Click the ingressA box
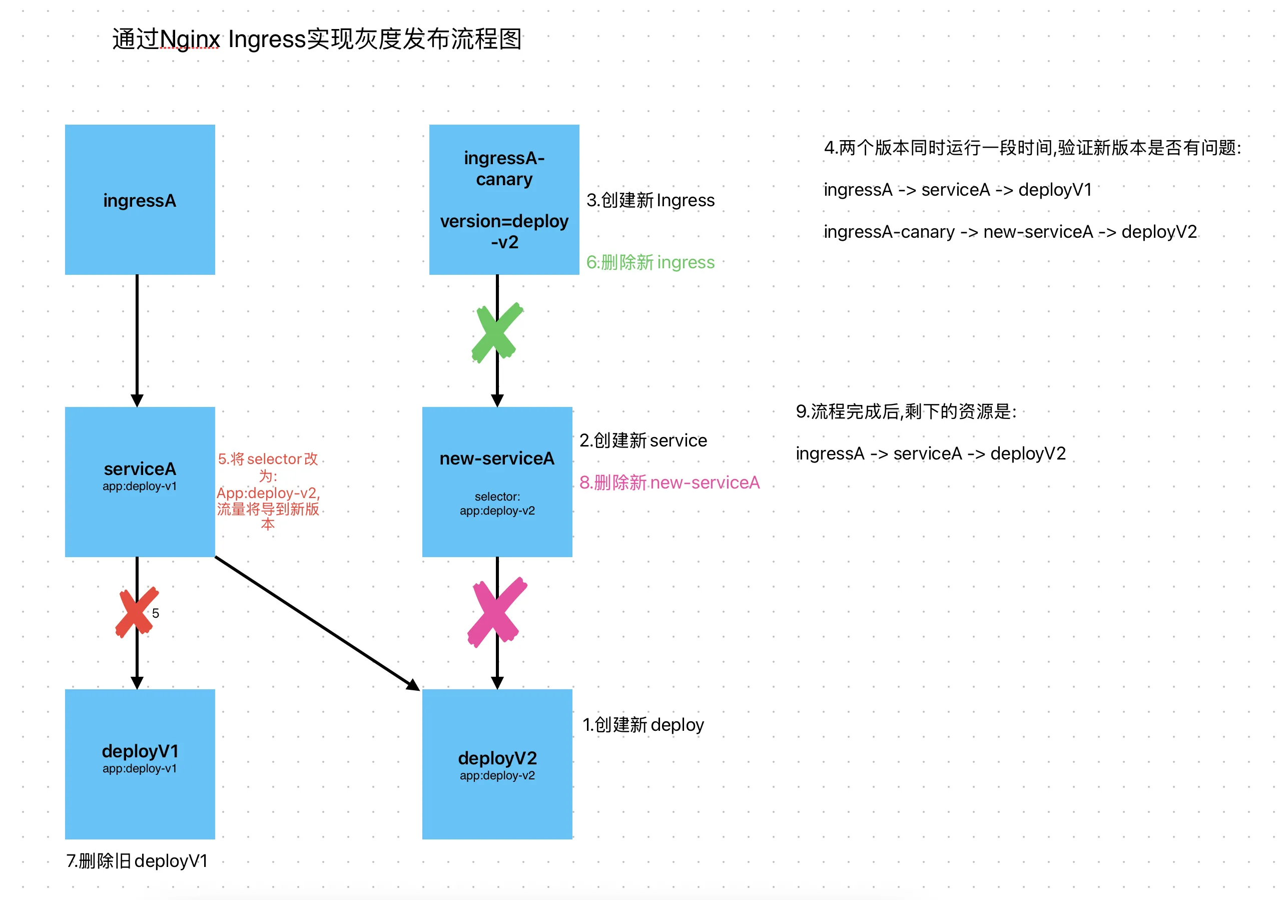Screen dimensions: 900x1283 (x=140, y=200)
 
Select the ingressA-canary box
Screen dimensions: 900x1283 (x=503, y=200)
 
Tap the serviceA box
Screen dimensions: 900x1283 (x=140, y=482)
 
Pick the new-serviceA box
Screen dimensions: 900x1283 (x=497, y=482)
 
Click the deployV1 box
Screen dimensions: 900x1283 (x=140, y=764)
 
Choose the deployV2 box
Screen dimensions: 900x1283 (x=497, y=764)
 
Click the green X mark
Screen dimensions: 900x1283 (x=496, y=332)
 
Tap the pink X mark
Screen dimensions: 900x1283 (x=497, y=612)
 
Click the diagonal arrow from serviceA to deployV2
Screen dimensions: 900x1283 (x=316, y=623)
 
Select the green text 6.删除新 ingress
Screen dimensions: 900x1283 (x=650, y=262)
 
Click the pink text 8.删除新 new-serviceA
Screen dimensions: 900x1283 (x=669, y=483)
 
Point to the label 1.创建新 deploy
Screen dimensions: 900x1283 (x=643, y=724)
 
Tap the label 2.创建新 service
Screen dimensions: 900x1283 (x=643, y=440)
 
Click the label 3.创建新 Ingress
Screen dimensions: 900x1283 (x=650, y=200)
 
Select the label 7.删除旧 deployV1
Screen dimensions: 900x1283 (x=137, y=861)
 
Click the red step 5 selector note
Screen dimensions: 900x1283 (x=268, y=491)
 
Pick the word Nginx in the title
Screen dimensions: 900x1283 (x=190, y=39)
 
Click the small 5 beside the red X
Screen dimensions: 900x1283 (x=156, y=613)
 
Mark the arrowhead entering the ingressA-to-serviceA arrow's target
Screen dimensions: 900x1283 (x=137, y=400)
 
